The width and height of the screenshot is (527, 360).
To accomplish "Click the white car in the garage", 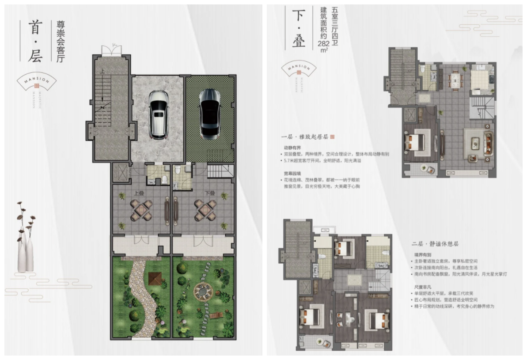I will tap(158, 114).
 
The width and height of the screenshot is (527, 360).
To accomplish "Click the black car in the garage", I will tap(209, 114).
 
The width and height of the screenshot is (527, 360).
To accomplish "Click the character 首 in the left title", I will tap(35, 28).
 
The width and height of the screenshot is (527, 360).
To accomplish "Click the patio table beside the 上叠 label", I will tap(140, 210).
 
